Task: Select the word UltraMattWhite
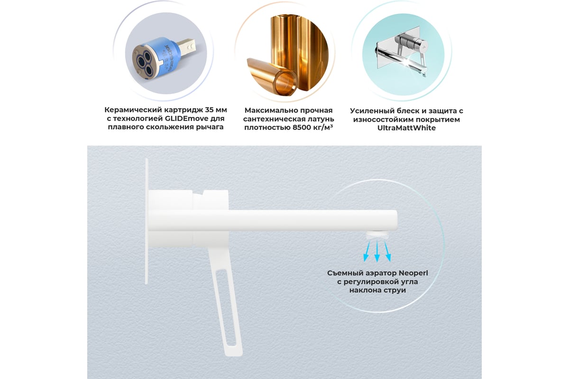pyautogui.click(x=406, y=128)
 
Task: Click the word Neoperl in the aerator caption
pyautogui.click(x=413, y=273)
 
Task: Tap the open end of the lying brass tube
pyautogui.click(x=286, y=83)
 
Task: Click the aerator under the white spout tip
pyautogui.click(x=378, y=235)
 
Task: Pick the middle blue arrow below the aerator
pyautogui.click(x=377, y=251)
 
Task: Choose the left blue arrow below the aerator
pyautogui.click(x=367, y=251)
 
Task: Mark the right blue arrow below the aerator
pyautogui.click(x=387, y=251)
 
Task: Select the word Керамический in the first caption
pyautogui.click(x=133, y=110)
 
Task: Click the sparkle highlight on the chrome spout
pyautogui.click(x=408, y=62)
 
